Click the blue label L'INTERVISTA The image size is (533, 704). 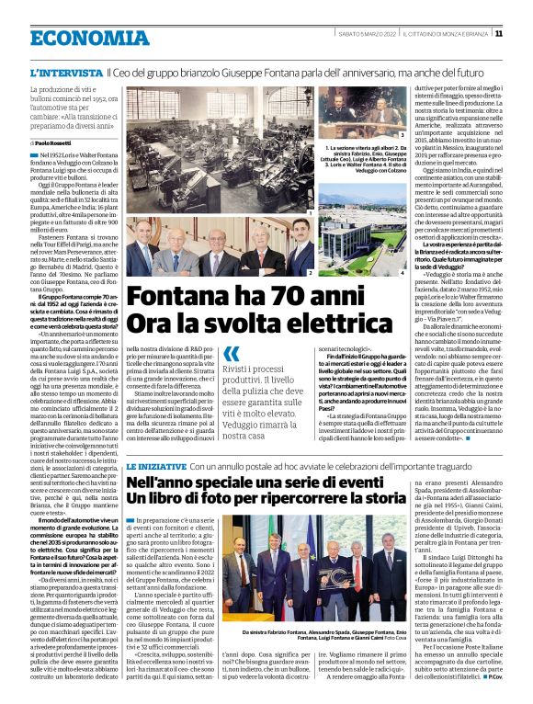[x=64, y=73]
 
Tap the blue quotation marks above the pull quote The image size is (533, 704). [x=231, y=354]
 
